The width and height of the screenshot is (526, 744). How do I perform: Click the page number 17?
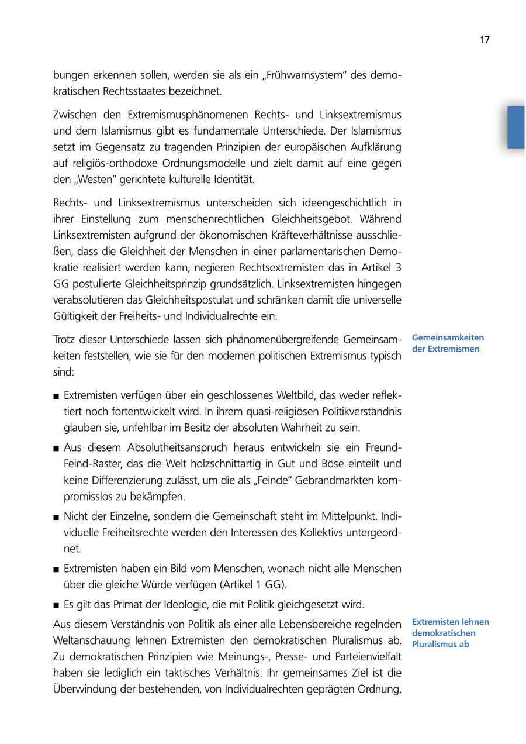point(485,40)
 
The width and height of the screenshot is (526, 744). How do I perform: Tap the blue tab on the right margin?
point(515,127)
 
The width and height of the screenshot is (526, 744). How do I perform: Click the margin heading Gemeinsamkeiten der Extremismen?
point(448,343)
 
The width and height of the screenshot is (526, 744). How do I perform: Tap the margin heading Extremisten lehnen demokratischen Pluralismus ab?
point(450,633)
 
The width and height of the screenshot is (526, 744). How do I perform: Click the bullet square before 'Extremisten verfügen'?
point(56,396)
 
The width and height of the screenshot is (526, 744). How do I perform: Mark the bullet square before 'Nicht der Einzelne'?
point(56,517)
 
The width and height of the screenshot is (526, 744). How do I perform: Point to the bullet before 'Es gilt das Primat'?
point(56,605)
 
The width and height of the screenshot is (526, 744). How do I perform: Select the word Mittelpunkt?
point(351,516)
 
